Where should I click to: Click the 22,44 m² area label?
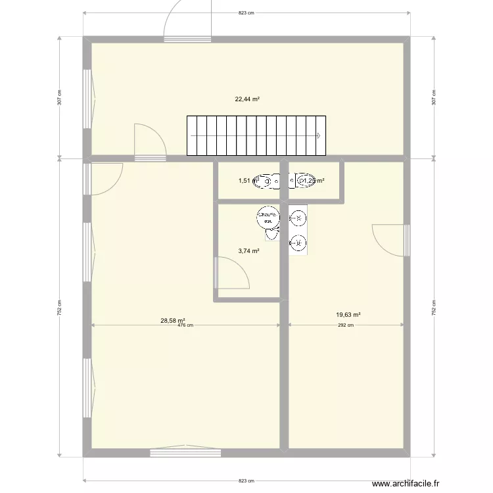pos(247,100)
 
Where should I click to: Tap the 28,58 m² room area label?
pos(168,321)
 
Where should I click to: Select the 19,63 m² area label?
pos(348,315)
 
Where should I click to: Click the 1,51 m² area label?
pos(245,180)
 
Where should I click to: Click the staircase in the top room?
pos(257,136)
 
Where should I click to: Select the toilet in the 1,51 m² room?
pos(266,179)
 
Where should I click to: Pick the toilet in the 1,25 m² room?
pos(305,180)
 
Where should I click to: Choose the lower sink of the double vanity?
pos(298,243)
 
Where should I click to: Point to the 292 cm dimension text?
pos(346,325)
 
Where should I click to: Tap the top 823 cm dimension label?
pos(246,12)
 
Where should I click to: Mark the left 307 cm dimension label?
pos(59,97)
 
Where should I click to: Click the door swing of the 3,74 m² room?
pos(231,273)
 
